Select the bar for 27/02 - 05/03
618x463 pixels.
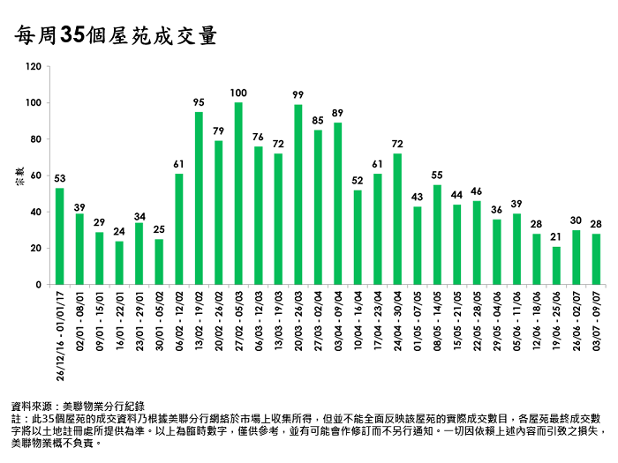pos(238,194)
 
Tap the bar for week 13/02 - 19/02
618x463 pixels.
pos(199,198)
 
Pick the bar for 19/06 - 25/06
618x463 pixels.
pos(556,265)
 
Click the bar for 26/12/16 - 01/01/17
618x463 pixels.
pos(59,236)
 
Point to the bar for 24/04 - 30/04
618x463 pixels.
pos(397,220)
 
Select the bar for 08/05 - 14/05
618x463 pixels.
pos(437,235)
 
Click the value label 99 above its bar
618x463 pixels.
pos(298,94)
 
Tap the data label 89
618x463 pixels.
pos(337,112)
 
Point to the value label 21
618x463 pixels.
pos(556,236)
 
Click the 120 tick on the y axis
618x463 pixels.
pos(34,66)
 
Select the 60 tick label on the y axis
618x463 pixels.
pos(36,175)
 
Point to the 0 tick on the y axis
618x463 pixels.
pos(39,285)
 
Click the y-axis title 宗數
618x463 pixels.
pos(19,175)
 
